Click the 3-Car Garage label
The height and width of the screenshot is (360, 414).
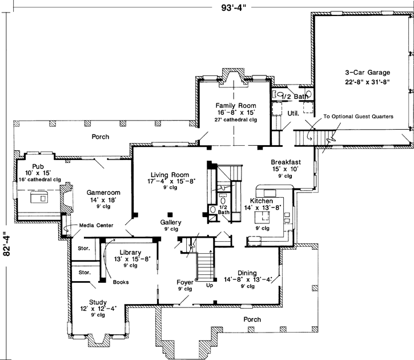(x=367, y=73)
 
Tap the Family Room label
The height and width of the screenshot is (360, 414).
(x=235, y=106)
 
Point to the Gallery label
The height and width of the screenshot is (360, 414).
(x=170, y=222)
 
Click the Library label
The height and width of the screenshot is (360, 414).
(x=132, y=251)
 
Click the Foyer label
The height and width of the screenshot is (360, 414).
(x=184, y=282)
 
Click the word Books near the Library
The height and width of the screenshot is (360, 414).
(x=120, y=282)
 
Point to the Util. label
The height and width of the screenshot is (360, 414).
(x=294, y=113)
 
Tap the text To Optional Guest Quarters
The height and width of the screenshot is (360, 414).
(x=359, y=116)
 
